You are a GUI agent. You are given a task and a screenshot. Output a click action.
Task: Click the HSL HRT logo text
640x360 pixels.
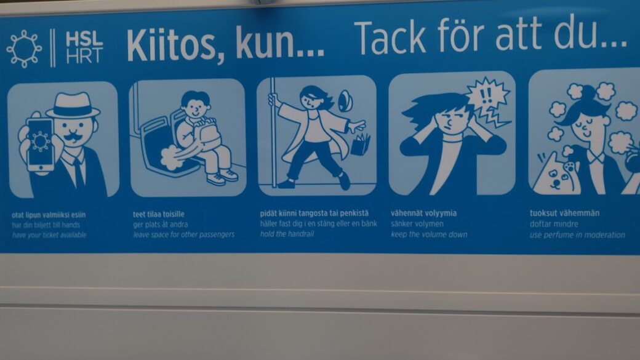point(84,47)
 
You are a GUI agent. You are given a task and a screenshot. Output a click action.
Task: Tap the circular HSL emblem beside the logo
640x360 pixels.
point(24,49)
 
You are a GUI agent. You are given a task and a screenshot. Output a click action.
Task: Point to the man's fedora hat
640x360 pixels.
point(73,105)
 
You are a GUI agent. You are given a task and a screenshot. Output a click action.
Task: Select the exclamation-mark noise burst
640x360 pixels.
point(487,96)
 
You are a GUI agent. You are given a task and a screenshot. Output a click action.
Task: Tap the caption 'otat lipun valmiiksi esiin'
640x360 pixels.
point(50,215)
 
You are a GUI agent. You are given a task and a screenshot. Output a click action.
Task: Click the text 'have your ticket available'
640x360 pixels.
point(49,235)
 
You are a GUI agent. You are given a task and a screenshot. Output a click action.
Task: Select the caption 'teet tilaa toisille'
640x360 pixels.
point(159,214)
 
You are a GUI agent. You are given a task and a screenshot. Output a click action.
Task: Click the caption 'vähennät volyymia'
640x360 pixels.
point(423,214)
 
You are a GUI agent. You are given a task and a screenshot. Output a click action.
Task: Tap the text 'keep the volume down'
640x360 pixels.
point(429,234)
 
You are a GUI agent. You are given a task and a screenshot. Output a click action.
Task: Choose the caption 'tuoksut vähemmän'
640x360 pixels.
point(565,214)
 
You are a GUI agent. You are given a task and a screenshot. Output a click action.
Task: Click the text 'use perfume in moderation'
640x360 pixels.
point(577,235)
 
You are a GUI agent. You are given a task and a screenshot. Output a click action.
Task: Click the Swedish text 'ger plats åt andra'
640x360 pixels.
point(161,225)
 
